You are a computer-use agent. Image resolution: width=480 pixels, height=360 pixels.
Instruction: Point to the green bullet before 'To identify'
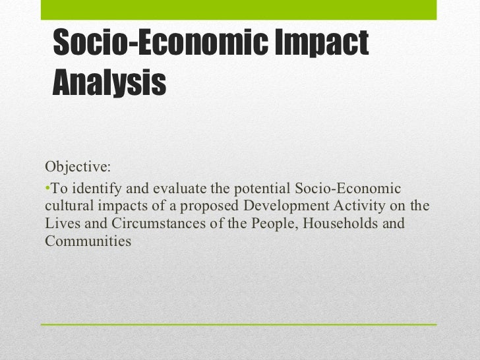(47, 189)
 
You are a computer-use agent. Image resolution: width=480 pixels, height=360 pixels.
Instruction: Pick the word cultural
(69, 206)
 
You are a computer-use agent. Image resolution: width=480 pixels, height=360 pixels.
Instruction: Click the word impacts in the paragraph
(125, 206)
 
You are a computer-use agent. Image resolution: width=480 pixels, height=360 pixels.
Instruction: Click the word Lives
(60, 224)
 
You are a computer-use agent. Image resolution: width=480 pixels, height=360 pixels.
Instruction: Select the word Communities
(88, 241)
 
